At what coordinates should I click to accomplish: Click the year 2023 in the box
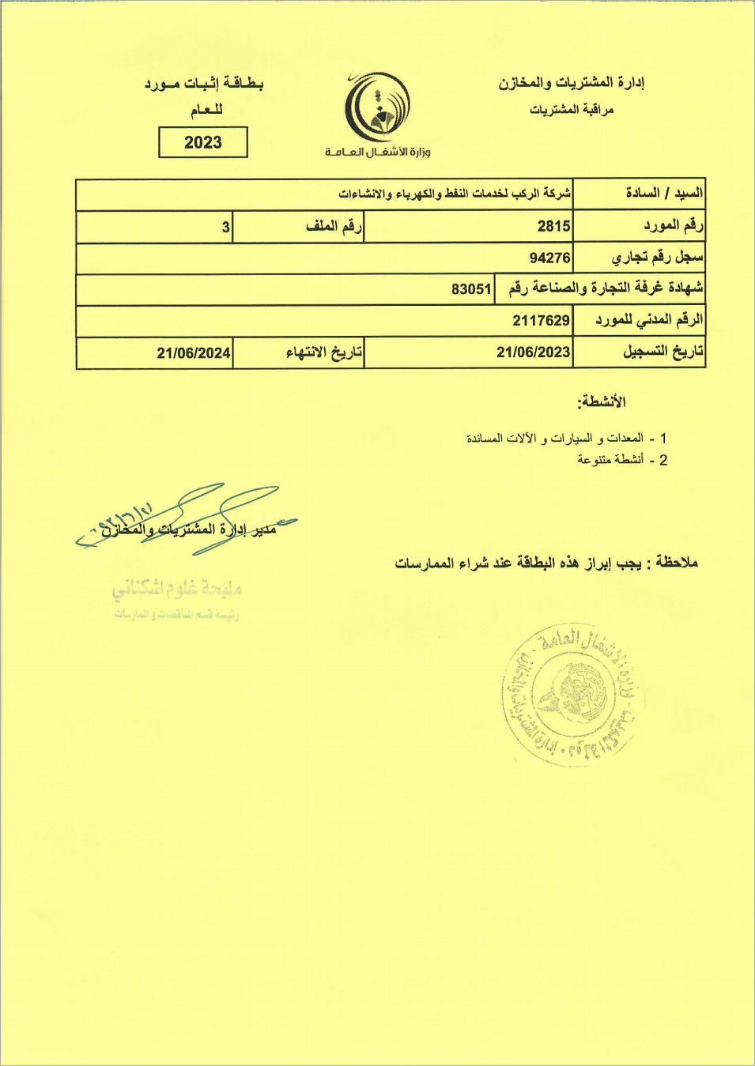[203, 143]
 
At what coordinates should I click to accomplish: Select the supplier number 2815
[553, 227]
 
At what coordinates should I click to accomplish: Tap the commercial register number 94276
[550, 258]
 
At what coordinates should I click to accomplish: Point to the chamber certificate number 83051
[471, 289]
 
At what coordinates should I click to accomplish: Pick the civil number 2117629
[541, 320]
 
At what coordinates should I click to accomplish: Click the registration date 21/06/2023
[533, 352]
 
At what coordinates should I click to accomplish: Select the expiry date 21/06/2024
[194, 352]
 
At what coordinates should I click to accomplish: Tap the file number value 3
[225, 228]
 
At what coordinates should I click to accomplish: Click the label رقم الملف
[334, 228]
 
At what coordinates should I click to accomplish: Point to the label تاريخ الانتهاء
[323, 352]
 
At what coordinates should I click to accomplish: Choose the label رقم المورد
[672, 227]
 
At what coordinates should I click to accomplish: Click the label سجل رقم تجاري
[658, 258]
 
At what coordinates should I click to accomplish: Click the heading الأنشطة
[602, 402]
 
